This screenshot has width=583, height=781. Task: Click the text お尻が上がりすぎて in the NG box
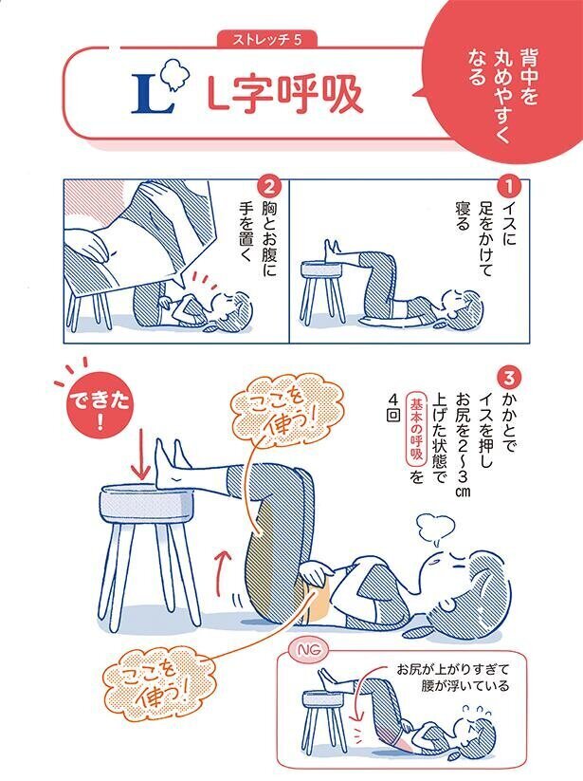(x=455, y=667)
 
